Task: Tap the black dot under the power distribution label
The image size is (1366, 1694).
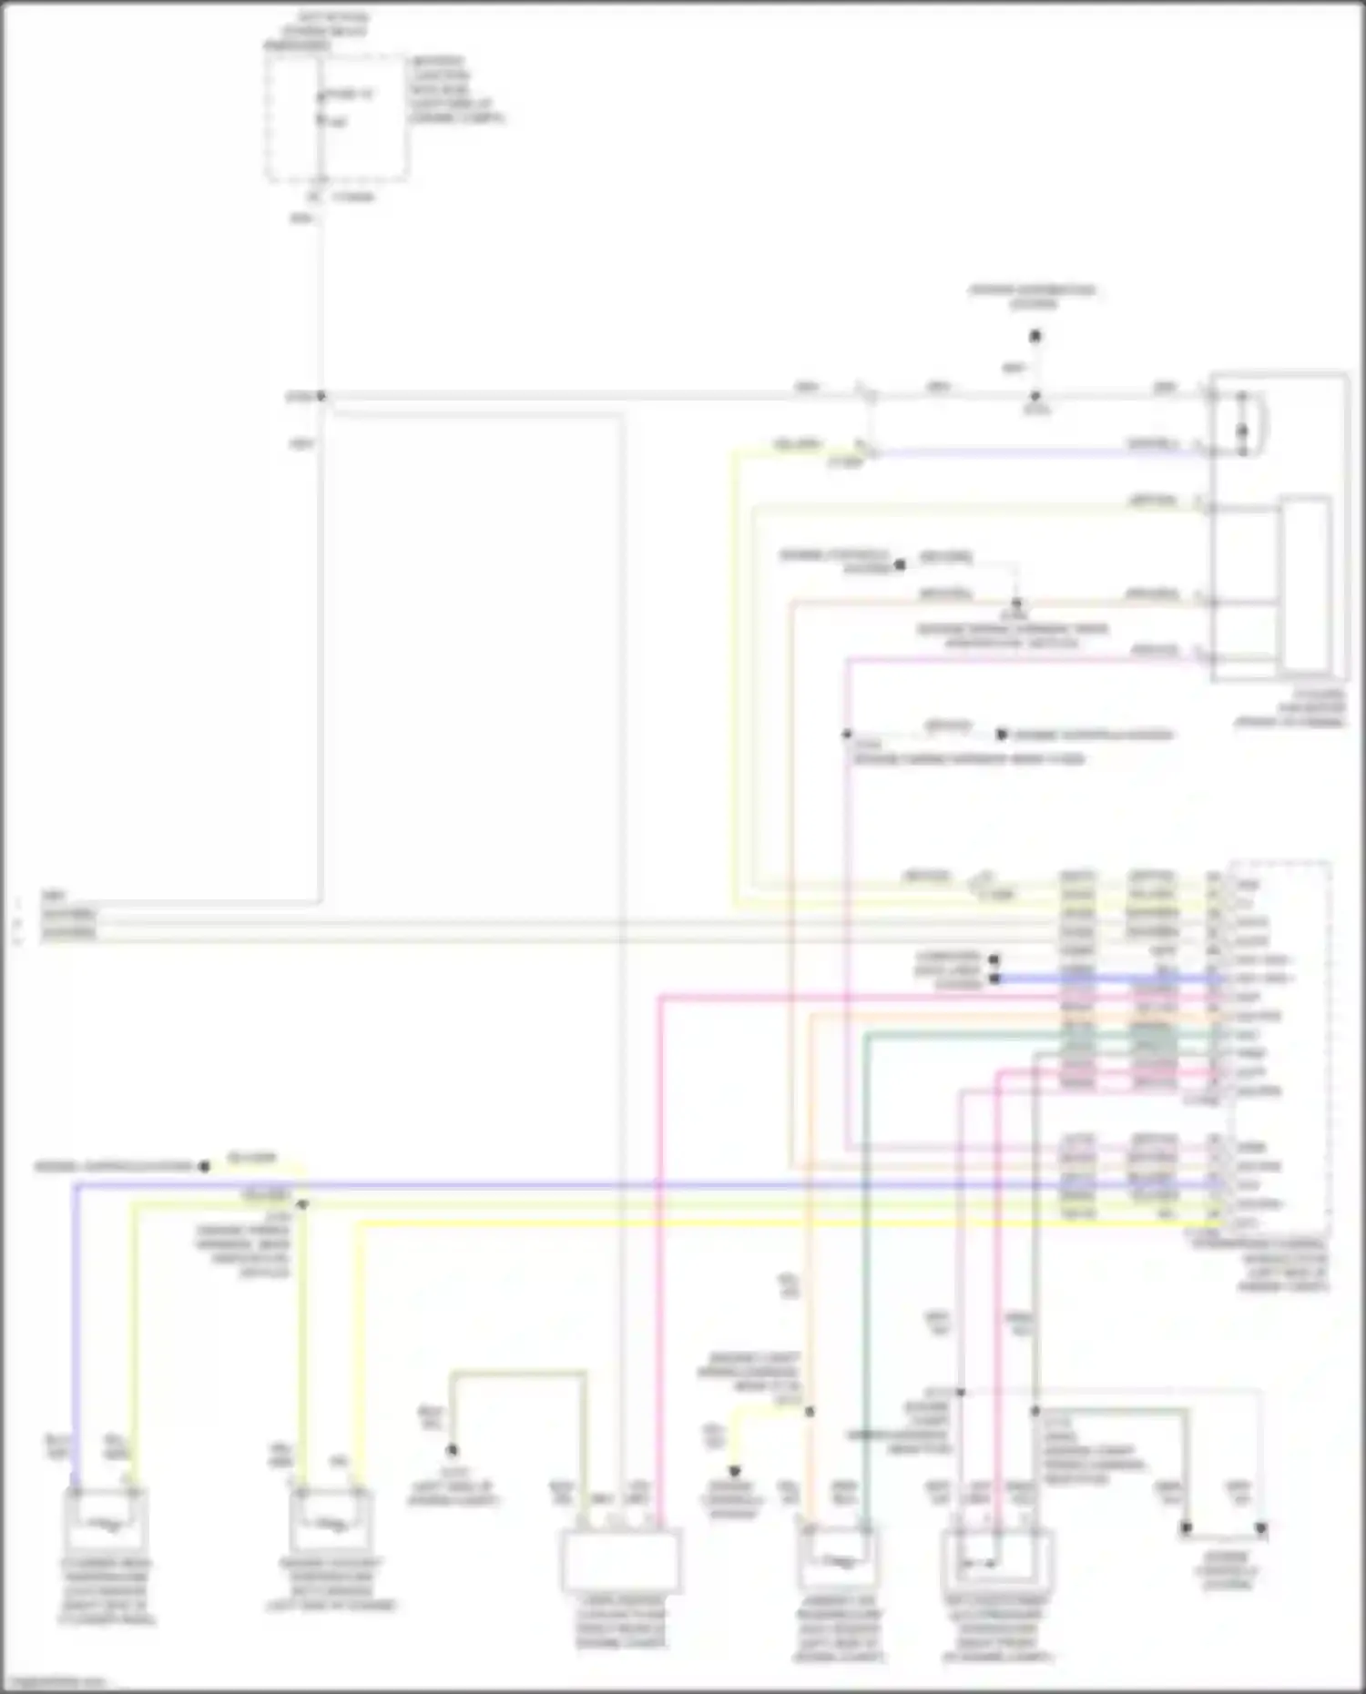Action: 1035,337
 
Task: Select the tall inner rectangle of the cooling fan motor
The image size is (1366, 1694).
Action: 1305,583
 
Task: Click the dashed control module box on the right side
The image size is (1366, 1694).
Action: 1279,1047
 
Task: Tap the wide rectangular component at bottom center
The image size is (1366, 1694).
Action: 620,1560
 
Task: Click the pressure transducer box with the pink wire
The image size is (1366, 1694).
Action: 996,1562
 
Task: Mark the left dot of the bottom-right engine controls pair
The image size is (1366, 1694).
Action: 1186,1528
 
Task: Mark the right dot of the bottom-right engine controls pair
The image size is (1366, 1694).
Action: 1261,1528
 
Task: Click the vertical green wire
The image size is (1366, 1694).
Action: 866,1274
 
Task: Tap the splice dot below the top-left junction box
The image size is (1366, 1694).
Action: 321,396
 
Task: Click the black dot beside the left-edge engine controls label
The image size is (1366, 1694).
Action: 204,1166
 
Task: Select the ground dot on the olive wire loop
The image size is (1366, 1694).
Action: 452,1450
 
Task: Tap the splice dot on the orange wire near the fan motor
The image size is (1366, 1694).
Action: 1017,603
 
